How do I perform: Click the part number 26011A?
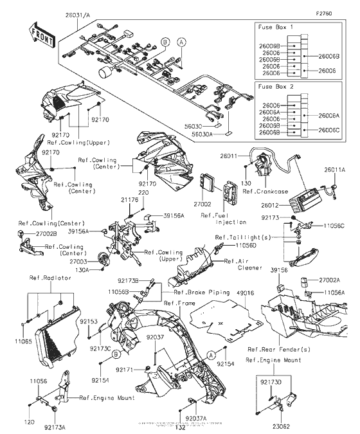tap(334, 169)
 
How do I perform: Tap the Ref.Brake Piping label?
tap(196, 293)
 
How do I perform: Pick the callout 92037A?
tap(194, 418)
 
